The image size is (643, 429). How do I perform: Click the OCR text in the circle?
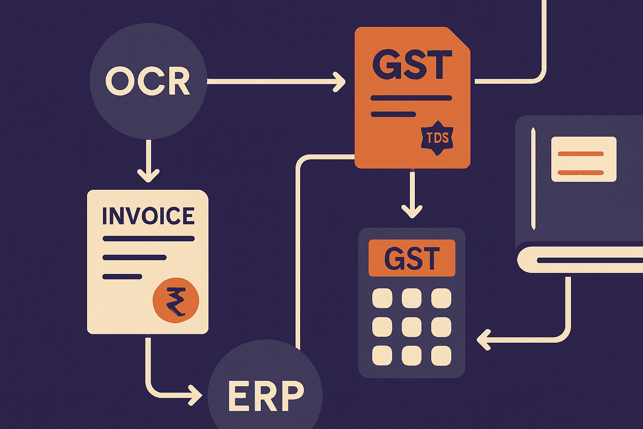click(x=147, y=81)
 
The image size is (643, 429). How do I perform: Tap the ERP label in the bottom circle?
click(x=266, y=396)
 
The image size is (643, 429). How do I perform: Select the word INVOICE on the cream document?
click(x=149, y=215)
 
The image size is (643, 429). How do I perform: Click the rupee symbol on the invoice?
click(x=176, y=300)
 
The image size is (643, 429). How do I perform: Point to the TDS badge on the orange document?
click(x=437, y=138)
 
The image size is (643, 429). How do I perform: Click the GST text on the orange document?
click(x=412, y=65)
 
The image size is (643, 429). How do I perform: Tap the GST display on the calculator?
click(x=412, y=258)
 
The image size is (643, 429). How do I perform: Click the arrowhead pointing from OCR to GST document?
click(x=340, y=82)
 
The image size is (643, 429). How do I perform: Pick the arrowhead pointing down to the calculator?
click(x=412, y=212)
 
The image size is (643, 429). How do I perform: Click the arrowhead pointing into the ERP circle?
click(x=195, y=395)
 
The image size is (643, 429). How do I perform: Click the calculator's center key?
click(x=412, y=327)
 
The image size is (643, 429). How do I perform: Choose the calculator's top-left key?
click(x=382, y=298)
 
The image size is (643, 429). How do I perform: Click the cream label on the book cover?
click(x=584, y=159)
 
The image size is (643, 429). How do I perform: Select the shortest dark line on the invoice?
click(x=122, y=277)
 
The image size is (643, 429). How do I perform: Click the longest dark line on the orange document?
click(x=412, y=98)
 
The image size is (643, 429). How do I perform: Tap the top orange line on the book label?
click(x=581, y=154)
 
